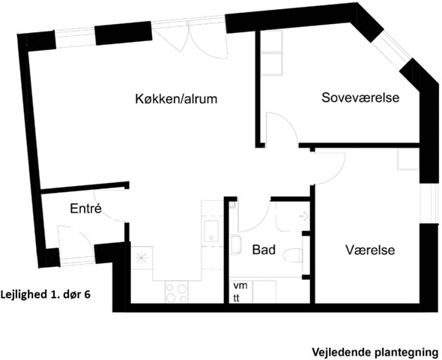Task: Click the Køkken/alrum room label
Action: pyautogui.click(x=176, y=99)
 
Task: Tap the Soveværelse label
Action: pyautogui.click(x=360, y=97)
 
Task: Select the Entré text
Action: pyautogui.click(x=85, y=208)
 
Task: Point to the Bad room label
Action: pyautogui.click(x=264, y=250)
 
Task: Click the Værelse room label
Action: pyautogui.click(x=370, y=250)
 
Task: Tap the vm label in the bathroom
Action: pyautogui.click(x=240, y=286)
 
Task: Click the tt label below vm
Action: pyautogui.click(x=236, y=298)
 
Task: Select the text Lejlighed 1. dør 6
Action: pyautogui.click(x=46, y=295)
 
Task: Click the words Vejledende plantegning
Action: pyautogui.click(x=375, y=352)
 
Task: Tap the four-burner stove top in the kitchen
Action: pyautogui.click(x=177, y=292)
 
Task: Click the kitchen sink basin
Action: pyautogui.click(x=211, y=231)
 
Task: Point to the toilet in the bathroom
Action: pyautogui.click(x=292, y=256)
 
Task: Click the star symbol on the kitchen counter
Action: pyautogui.click(x=140, y=258)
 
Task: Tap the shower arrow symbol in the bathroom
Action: pyautogui.click(x=303, y=217)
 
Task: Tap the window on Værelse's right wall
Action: pyautogui.click(x=429, y=203)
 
